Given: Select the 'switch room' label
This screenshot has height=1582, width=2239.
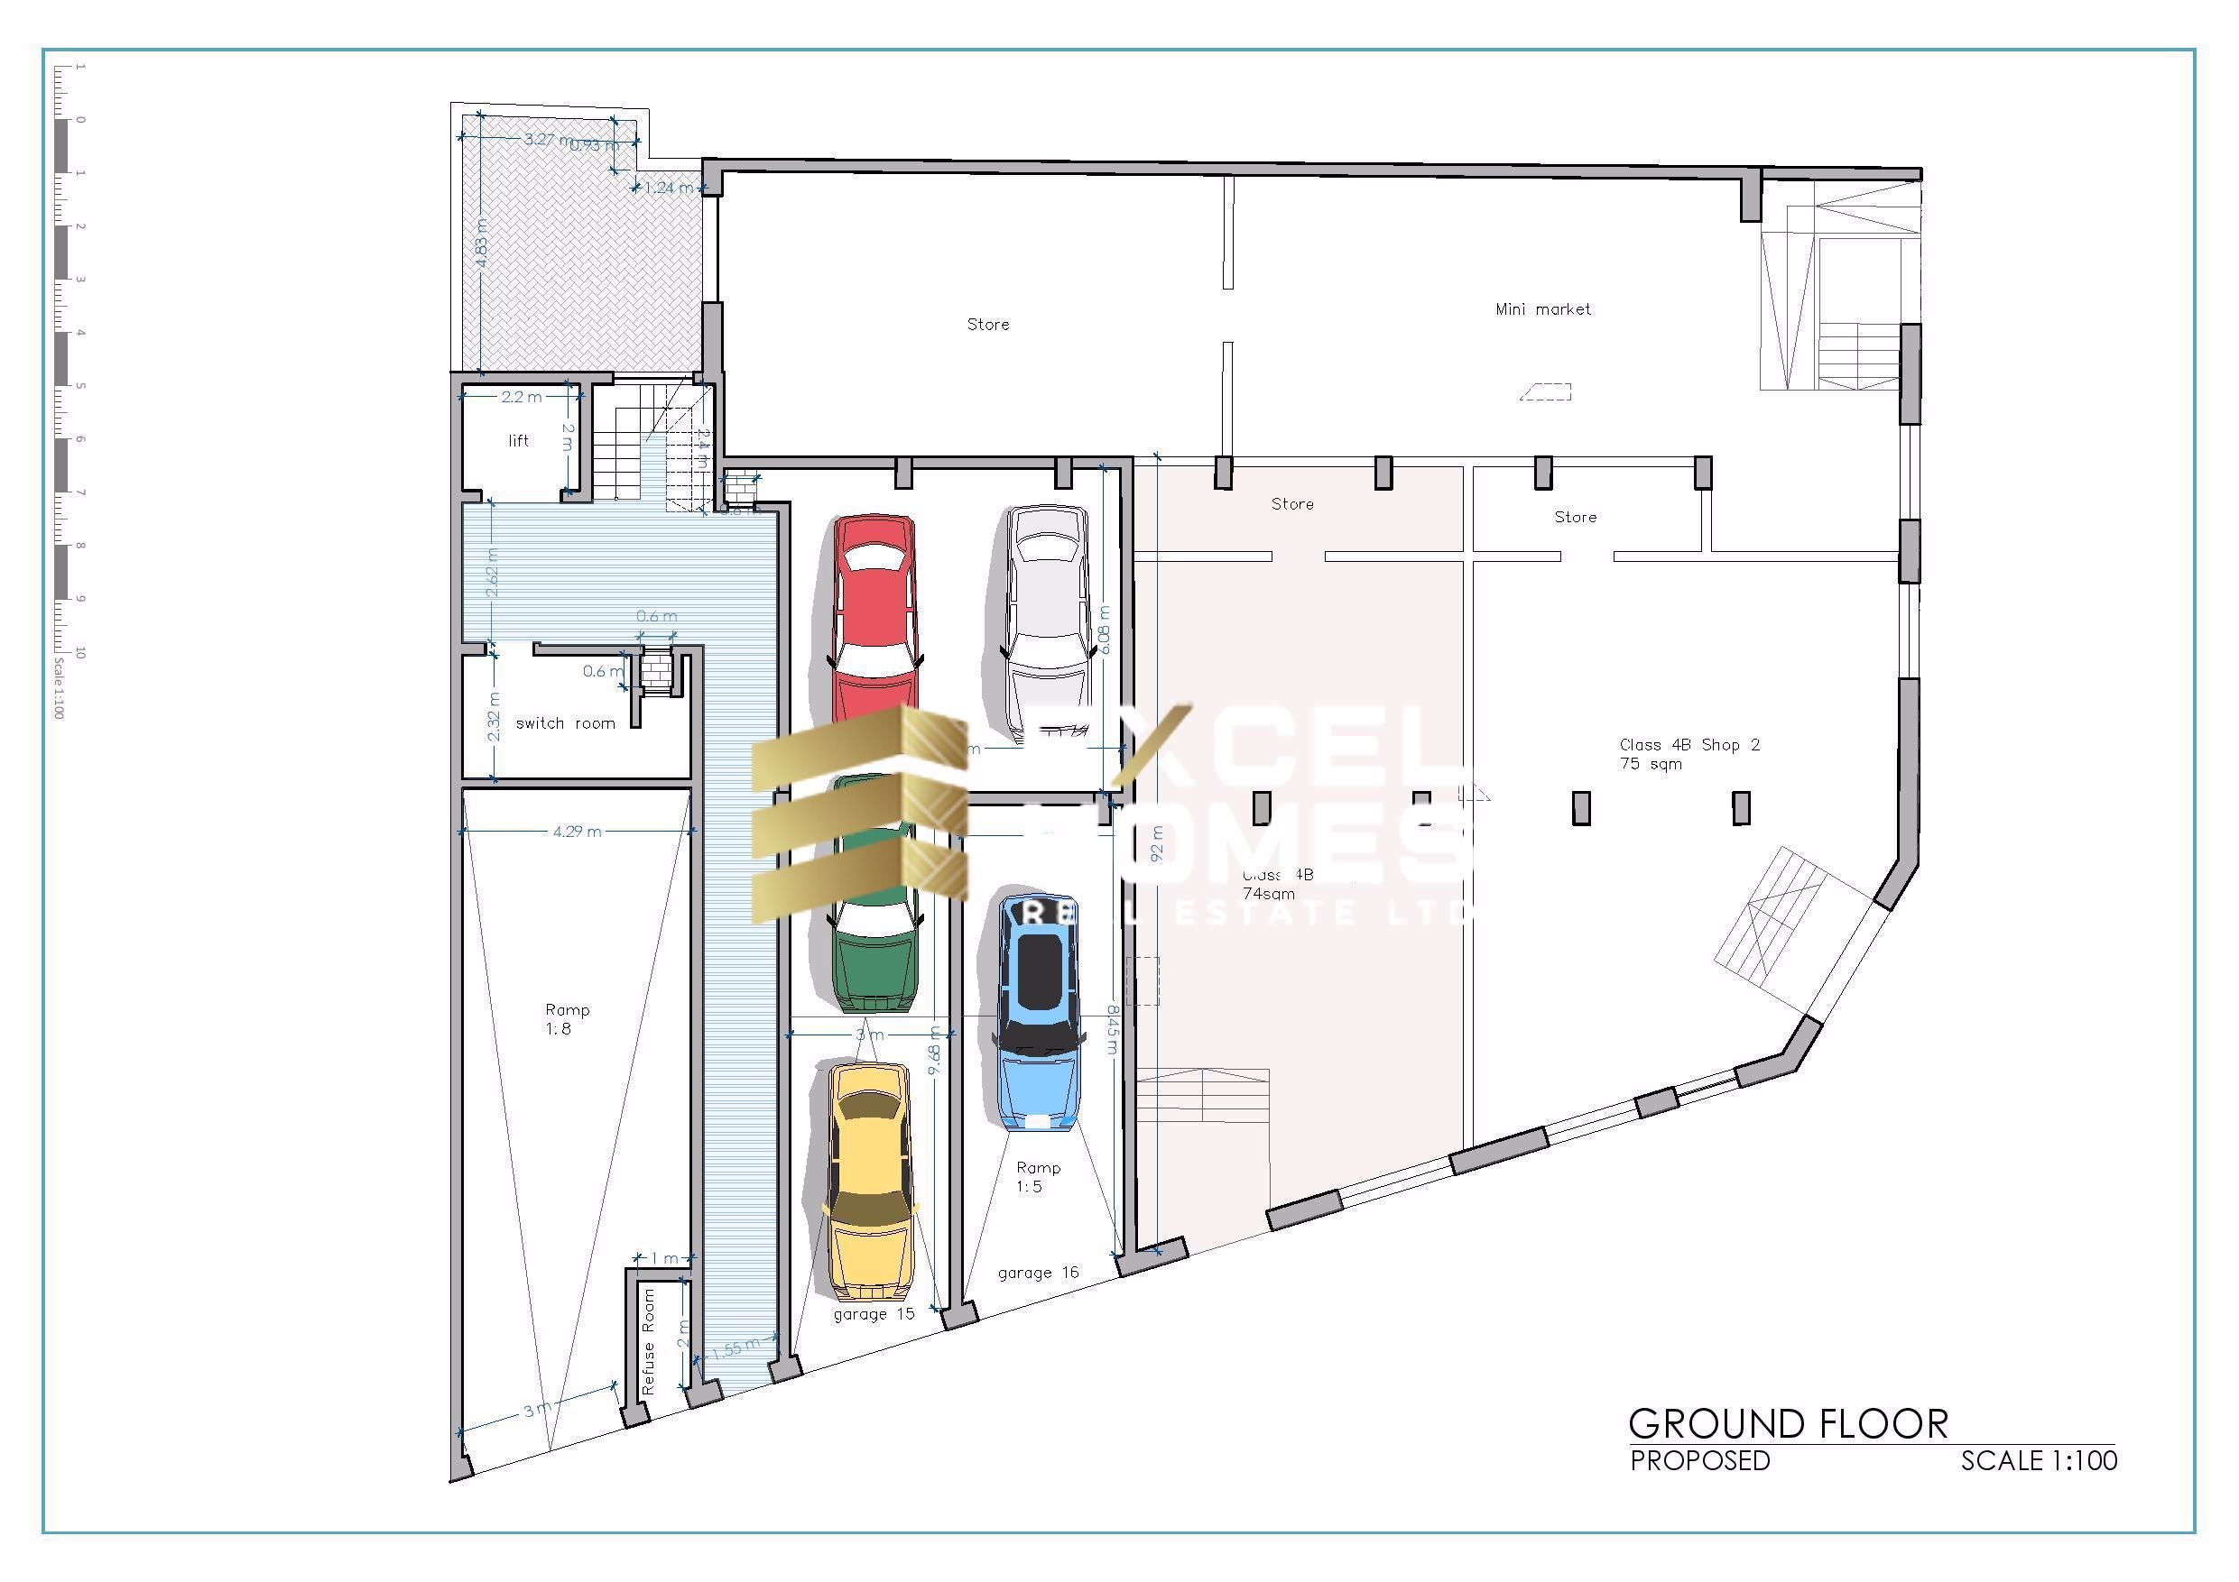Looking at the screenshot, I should coord(566,723).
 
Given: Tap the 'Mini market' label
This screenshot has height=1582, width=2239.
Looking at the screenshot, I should coord(1542,310).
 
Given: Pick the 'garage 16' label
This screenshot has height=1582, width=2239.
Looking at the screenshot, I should coord(1038,1272).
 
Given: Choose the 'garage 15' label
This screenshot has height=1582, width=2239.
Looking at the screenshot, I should coord(874,1314).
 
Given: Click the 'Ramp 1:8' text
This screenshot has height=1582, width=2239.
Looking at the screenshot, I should coord(566,1018).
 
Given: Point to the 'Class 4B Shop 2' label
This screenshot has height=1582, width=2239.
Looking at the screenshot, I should coord(1689,746).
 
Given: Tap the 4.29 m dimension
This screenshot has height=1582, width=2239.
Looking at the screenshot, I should coord(577,832).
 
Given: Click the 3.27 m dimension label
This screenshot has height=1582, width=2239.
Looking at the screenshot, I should coord(548,140).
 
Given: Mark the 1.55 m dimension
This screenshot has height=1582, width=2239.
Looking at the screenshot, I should coord(736,1349).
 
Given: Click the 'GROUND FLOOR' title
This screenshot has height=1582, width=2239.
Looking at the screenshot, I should coord(1788,1424).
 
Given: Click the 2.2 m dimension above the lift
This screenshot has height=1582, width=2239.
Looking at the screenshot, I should coord(521,397).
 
